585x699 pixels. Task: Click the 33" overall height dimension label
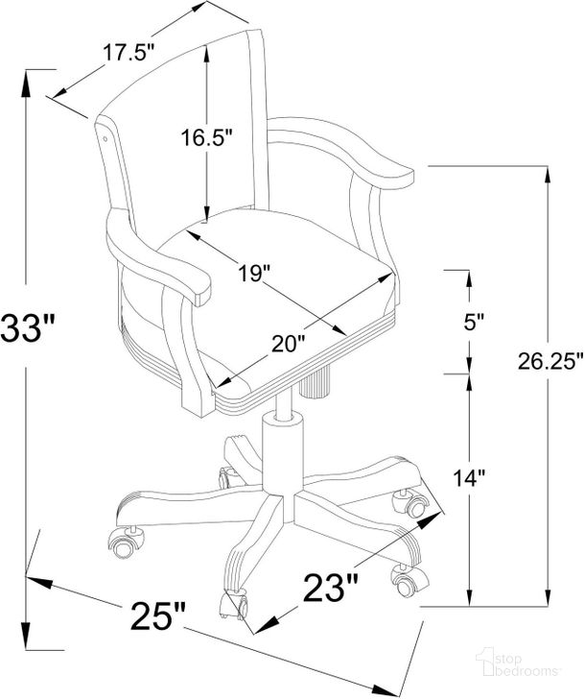coord(27,328)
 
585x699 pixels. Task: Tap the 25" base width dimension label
coord(157,615)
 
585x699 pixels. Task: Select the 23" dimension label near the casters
coord(331,588)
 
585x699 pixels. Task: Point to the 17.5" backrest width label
coord(129,53)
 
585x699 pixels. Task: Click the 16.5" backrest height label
coord(206,137)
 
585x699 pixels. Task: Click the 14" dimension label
coord(468,478)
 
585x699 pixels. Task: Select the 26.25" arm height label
coord(550,361)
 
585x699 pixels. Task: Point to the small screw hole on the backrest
coord(105,138)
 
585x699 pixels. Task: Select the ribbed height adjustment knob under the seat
coord(315,380)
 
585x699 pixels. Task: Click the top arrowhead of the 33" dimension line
coord(26,84)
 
